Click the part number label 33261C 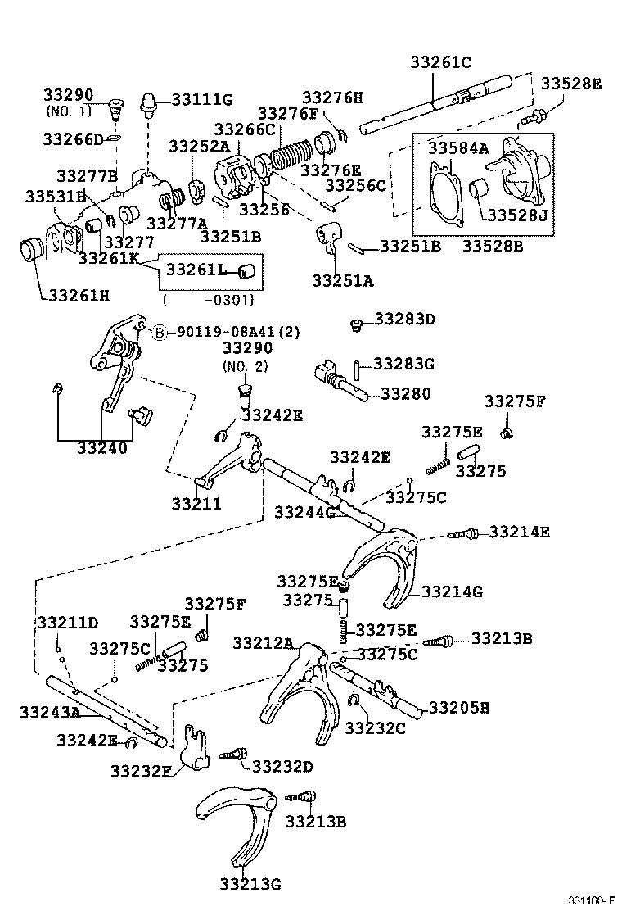click(x=441, y=61)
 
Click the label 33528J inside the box click(x=518, y=215)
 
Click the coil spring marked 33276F click(x=294, y=154)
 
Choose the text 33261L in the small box click(x=197, y=269)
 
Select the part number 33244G click(x=305, y=512)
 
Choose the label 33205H click(x=459, y=707)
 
